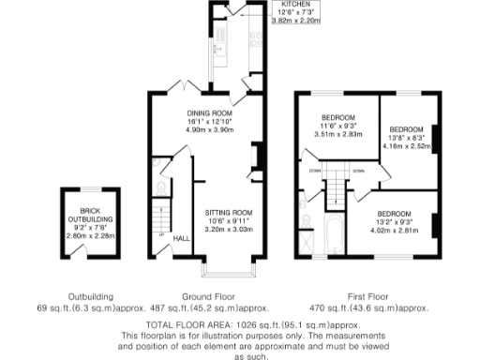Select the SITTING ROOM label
click(230, 213)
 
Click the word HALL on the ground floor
click(181, 238)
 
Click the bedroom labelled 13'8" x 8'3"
click(406, 128)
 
